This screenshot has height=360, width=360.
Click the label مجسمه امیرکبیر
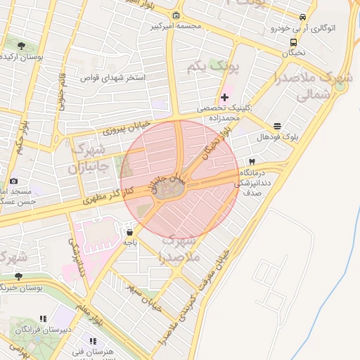click(x=176, y=27)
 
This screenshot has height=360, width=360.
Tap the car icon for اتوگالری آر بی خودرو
click(x=302, y=17)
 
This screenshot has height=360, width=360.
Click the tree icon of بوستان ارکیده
click(x=20, y=46)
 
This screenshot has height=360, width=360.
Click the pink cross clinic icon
click(x=224, y=97)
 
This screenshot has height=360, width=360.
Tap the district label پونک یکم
click(x=214, y=67)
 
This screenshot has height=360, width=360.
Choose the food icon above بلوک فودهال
click(x=278, y=127)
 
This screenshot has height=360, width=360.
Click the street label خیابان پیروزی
click(x=108, y=129)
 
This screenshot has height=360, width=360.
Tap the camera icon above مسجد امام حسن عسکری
click(x=14, y=181)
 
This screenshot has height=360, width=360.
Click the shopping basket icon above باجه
click(x=130, y=231)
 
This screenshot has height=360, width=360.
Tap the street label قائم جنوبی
click(x=61, y=89)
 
